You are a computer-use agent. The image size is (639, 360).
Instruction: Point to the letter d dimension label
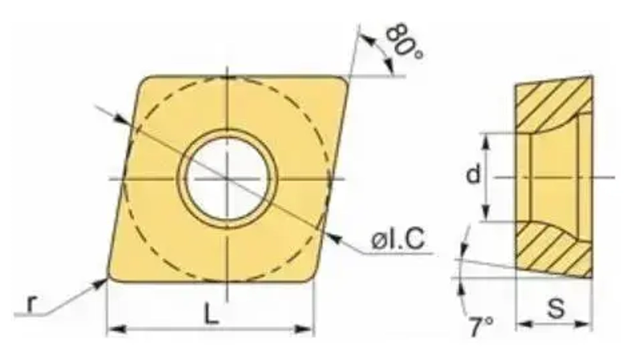pos(473,174)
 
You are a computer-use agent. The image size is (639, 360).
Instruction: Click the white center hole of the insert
pos(227,177)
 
